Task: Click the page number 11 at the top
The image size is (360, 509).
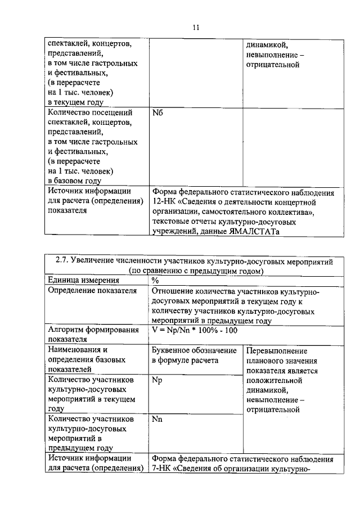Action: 195,26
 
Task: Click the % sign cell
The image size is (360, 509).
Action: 156,281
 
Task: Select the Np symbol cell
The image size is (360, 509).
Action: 157,380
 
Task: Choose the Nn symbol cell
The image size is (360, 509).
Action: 157,420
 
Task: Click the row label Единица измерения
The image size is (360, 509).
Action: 83,281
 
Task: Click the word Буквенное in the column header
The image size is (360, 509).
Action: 173,350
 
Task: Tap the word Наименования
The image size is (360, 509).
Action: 74,350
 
